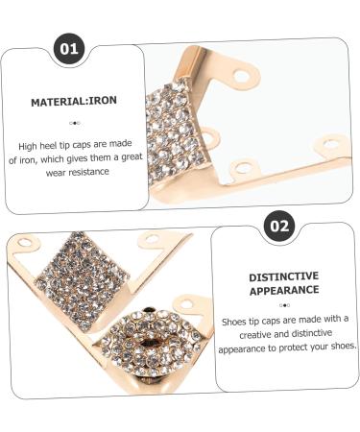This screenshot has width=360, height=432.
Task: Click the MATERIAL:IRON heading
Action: (74, 100)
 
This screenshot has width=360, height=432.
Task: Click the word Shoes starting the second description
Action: (236, 319)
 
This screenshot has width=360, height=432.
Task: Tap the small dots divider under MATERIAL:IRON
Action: (74, 124)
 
